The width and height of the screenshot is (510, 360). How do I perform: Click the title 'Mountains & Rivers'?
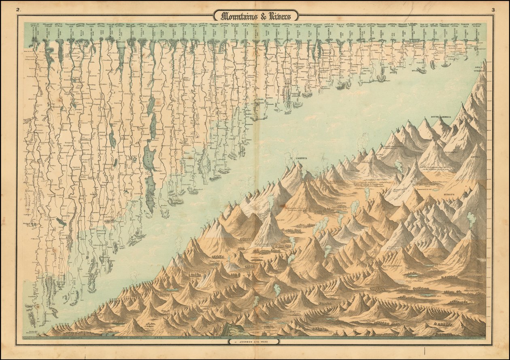click(x=256, y=16)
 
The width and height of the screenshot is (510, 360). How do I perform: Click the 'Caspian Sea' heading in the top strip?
click(x=141, y=26)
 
